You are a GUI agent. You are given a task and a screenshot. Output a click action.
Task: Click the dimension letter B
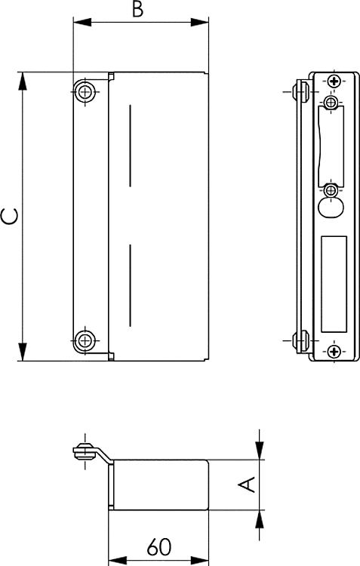(x=137, y=9)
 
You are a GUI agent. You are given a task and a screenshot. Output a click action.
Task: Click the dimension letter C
(x=10, y=217)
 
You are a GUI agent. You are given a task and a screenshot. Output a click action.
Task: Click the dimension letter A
(x=248, y=484)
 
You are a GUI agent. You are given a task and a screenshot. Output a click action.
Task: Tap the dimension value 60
(x=159, y=547)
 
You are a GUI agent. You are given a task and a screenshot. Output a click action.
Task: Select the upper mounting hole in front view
(x=85, y=91)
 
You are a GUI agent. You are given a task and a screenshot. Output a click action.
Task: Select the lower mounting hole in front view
(x=85, y=340)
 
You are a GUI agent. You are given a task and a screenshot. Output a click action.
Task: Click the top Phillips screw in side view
(x=334, y=82)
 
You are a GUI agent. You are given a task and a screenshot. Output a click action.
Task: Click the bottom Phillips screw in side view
(x=334, y=351)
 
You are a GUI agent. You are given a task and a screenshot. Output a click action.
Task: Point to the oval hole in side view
(x=331, y=208)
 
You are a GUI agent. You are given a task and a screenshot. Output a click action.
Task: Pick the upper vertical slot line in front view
(x=130, y=146)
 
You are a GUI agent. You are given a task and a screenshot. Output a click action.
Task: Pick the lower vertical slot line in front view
(x=130, y=285)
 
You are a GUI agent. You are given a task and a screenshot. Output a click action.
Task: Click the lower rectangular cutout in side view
(x=334, y=284)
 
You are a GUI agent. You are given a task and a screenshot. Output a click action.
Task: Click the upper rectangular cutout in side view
(x=331, y=146)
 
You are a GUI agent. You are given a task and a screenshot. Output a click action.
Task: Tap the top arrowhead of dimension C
(x=23, y=81)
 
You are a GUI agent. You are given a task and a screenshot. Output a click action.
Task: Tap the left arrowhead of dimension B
(x=82, y=22)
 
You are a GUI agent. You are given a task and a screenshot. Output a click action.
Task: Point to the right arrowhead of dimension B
(x=200, y=22)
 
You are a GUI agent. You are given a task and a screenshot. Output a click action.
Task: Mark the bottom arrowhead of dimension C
(x=23, y=352)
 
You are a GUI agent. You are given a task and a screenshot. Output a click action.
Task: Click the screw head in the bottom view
(x=85, y=452)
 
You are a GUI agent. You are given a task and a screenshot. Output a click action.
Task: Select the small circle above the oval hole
(x=331, y=189)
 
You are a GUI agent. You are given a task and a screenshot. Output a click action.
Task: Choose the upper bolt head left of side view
(x=301, y=91)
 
